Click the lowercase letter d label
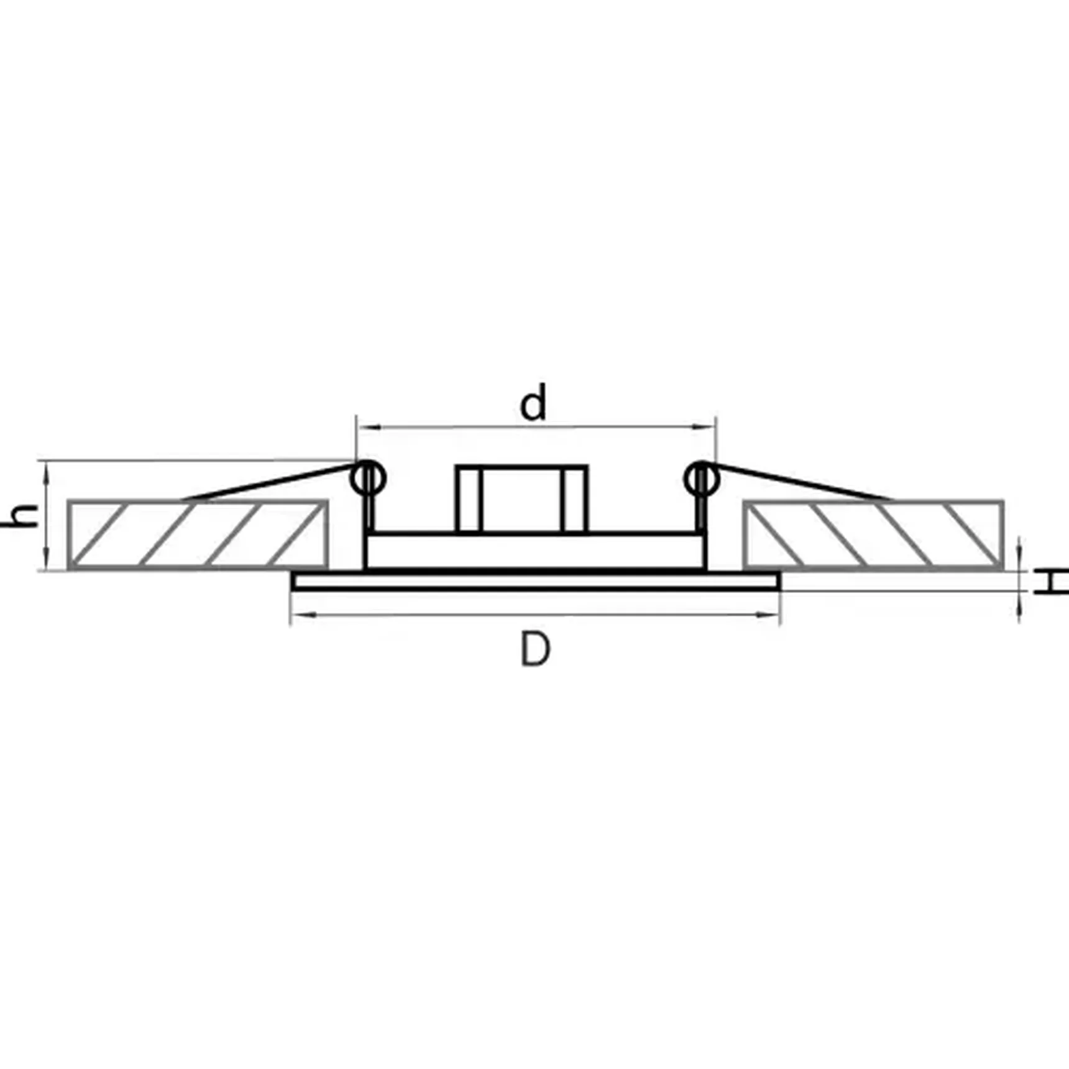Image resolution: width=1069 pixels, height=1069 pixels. pyautogui.click(x=533, y=404)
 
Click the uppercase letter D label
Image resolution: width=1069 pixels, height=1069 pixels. pyautogui.click(x=535, y=649)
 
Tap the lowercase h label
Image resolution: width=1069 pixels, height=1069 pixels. pyautogui.click(x=24, y=516)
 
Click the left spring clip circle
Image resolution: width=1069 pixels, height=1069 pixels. pyautogui.click(x=369, y=479)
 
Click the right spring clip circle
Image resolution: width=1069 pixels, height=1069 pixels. pyautogui.click(x=702, y=479)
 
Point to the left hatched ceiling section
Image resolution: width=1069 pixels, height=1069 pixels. pyautogui.click(x=198, y=534)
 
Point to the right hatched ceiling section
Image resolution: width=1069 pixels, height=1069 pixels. pyautogui.click(x=873, y=534)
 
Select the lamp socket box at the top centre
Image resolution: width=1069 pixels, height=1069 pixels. pyautogui.click(x=521, y=498)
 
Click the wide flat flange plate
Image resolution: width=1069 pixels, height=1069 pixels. pyautogui.click(x=535, y=581)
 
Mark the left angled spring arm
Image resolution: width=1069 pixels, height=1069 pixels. pyautogui.click(x=267, y=481)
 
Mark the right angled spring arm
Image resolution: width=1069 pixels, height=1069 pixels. pyautogui.click(x=802, y=481)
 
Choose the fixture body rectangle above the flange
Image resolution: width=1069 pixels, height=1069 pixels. pyautogui.click(x=535, y=551)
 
